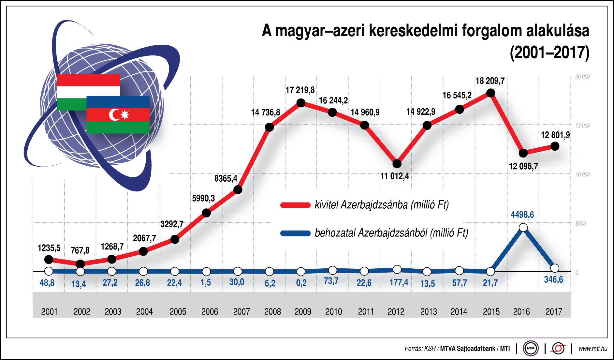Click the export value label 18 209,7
[x=490, y=81]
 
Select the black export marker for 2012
[x=397, y=163]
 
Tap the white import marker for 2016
[x=523, y=227]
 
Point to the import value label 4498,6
[x=522, y=215]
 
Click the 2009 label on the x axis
[x=303, y=312]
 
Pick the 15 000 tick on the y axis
[x=582, y=126]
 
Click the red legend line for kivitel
[x=295, y=205]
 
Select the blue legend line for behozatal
[x=295, y=233]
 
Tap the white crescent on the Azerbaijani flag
[x=114, y=114]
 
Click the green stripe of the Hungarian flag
[x=71, y=104]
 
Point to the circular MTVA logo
[x=531, y=348]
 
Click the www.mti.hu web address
[x=593, y=349]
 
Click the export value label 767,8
[x=80, y=250]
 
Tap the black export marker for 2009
[x=301, y=103]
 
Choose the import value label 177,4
[x=399, y=282]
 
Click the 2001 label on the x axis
[x=49, y=312]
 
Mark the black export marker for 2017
[x=555, y=146]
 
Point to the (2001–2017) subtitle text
[x=549, y=52]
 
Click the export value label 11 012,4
[x=395, y=176]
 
